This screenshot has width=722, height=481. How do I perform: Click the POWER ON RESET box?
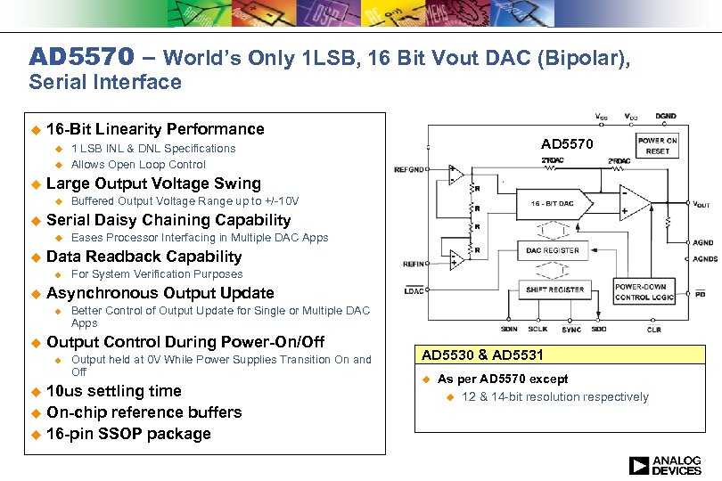click(657, 146)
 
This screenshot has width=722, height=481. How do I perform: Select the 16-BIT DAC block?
click(552, 204)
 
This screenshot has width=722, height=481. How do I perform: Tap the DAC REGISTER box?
click(552, 251)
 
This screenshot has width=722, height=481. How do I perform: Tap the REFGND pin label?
click(409, 168)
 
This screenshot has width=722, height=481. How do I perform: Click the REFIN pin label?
click(414, 264)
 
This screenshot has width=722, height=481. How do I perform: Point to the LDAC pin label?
click(414, 291)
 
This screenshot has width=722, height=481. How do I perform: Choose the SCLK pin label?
click(539, 330)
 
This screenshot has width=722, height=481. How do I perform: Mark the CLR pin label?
click(654, 330)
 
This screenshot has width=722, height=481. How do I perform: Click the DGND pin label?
click(665, 117)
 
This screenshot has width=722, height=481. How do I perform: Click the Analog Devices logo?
click(665, 465)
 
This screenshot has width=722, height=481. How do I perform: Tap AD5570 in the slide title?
click(81, 58)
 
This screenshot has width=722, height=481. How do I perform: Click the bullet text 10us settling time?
click(113, 391)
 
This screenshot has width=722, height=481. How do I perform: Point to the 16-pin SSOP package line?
click(128, 434)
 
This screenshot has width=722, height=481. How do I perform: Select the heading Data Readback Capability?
click(144, 257)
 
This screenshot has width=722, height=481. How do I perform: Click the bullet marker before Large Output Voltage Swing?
click(36, 184)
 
